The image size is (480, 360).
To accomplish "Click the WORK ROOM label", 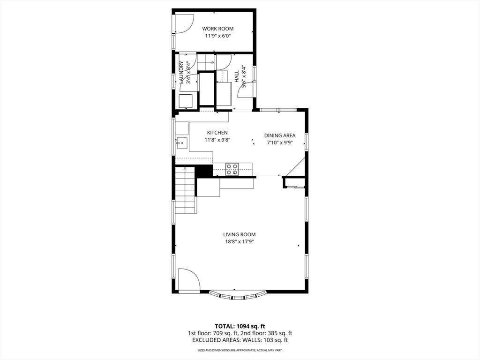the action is click(217, 29).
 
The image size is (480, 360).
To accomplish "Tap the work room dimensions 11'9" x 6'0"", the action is click(217, 36).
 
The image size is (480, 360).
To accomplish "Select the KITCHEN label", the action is click(217, 133).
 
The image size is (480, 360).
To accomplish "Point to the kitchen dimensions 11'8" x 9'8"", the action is click(217, 140).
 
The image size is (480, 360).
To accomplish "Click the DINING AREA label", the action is click(280, 135).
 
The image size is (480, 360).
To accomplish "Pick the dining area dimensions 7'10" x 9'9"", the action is click(280, 142).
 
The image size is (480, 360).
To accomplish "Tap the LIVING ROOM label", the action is click(240, 234).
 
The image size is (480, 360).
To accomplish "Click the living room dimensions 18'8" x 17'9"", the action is click(240, 242).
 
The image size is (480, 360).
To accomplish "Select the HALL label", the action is click(237, 76).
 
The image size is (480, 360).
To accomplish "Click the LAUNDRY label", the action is click(181, 73).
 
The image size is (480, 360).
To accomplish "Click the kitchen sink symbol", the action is click(182, 143).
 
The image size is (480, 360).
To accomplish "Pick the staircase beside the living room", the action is click(186, 190).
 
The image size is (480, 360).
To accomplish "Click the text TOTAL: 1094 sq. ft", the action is click(238, 326).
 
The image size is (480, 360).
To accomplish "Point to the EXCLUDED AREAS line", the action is click(240, 340).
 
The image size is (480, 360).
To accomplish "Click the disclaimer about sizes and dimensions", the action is click(240, 350).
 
